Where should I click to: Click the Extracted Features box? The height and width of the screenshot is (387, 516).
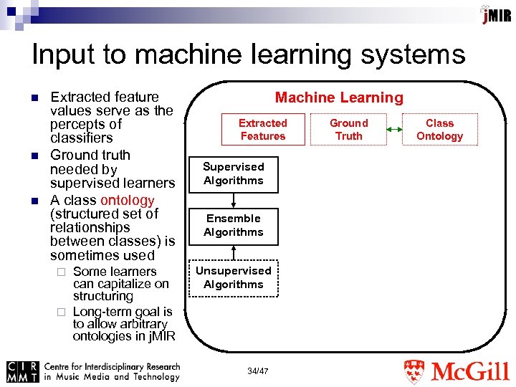[x=262, y=130]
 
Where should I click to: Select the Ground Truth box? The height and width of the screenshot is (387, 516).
[x=349, y=130]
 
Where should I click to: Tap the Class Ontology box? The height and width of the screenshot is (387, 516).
[x=439, y=130]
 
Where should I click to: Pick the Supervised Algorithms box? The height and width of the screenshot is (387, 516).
[x=234, y=173]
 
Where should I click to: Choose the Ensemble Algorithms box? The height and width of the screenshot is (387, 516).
[x=234, y=225]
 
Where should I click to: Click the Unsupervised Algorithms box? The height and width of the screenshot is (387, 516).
[x=234, y=277]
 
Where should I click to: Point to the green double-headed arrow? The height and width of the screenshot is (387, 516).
[x=394, y=130]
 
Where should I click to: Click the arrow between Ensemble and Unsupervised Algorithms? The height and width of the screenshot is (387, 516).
[x=234, y=252]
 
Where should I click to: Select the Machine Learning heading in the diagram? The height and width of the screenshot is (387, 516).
[x=339, y=98]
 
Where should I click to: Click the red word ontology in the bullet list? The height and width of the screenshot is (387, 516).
[x=128, y=200]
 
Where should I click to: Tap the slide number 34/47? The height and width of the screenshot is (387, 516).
[x=258, y=371]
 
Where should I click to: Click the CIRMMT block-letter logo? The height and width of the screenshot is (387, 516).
[x=22, y=371]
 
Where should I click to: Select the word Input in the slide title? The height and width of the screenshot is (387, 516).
[x=62, y=54]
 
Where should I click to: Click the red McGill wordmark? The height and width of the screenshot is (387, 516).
[x=470, y=372]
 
